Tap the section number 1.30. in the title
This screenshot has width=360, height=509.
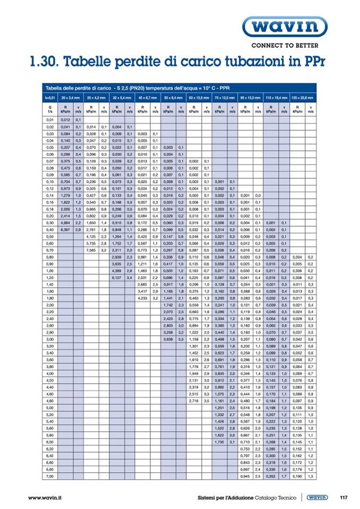click(x=45, y=63)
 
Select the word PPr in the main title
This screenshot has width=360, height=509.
click(x=312, y=63)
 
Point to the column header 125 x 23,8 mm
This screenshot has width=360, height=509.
click(x=303, y=98)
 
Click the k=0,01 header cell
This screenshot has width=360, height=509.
click(x=49, y=98)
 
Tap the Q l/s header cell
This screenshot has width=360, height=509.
click(x=50, y=109)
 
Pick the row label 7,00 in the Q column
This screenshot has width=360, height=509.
click(x=50, y=477)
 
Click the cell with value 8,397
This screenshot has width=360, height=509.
click(x=65, y=229)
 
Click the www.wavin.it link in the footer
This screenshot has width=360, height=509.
click(x=46, y=497)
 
